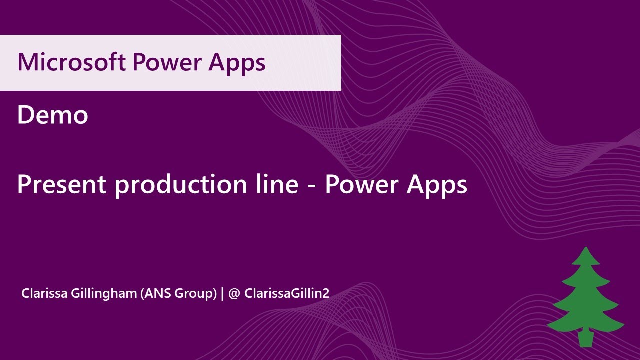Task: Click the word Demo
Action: [x=52, y=115]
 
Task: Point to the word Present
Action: [x=61, y=185]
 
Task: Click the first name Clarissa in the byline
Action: [x=43, y=293]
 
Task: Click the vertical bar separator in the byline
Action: [x=222, y=293]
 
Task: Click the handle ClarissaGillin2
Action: [x=287, y=293]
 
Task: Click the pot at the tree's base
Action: [x=585, y=338]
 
